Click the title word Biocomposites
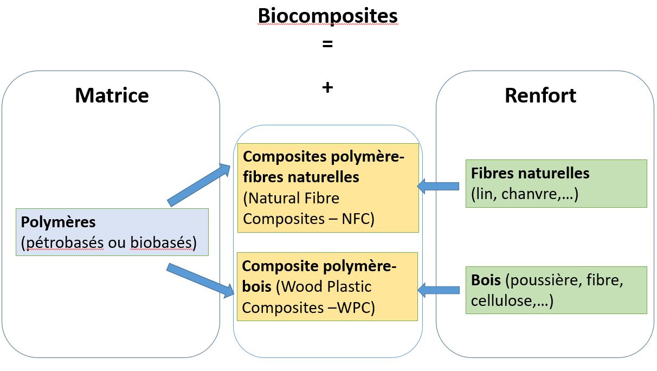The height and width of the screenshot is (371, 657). (327, 16)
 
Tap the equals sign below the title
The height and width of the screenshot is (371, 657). (327, 44)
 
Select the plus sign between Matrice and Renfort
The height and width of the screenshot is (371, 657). (327, 87)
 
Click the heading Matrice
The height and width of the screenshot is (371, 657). (112, 95)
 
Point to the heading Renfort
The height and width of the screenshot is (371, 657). (540, 95)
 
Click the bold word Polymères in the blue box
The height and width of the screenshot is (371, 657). (58, 222)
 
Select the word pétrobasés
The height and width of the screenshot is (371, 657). (65, 242)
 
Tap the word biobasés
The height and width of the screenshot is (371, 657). (162, 242)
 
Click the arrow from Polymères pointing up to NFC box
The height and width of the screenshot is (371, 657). (199, 185)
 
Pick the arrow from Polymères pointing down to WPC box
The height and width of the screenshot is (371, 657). (199, 280)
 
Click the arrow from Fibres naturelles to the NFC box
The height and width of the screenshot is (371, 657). (438, 187)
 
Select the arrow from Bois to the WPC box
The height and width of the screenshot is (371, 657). (438, 290)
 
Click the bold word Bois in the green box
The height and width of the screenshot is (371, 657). (486, 282)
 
